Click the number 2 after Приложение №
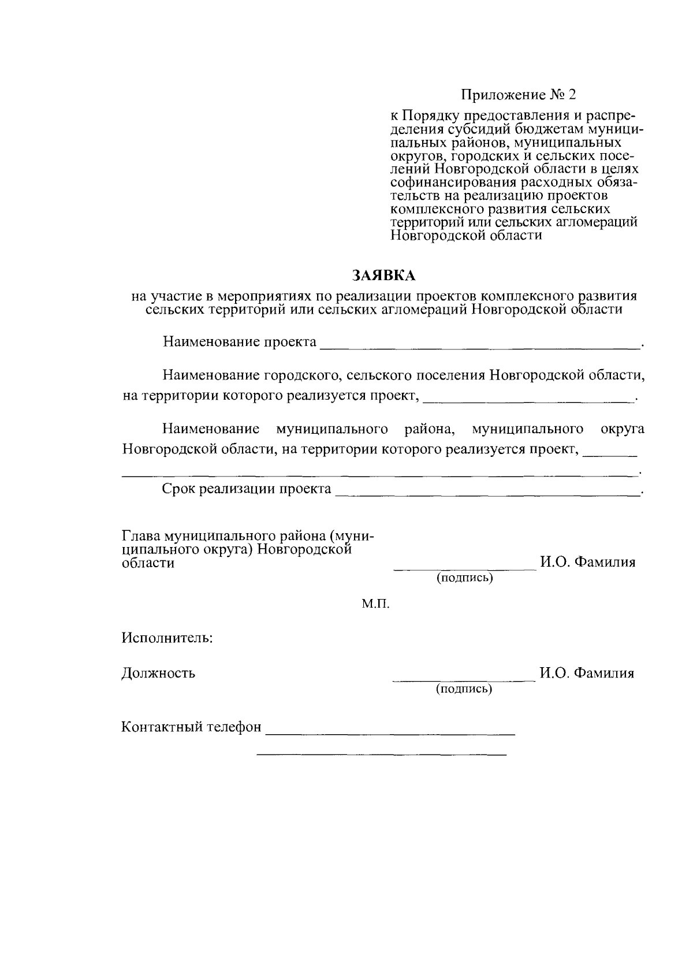(x=572, y=94)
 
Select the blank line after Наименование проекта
(x=479, y=347)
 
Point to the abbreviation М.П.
(x=376, y=604)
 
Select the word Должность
(x=158, y=673)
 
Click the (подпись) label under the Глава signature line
(x=465, y=578)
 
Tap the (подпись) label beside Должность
(x=464, y=689)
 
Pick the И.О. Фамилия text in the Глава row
(x=587, y=562)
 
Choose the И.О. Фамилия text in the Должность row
(x=587, y=673)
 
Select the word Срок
(x=178, y=489)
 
